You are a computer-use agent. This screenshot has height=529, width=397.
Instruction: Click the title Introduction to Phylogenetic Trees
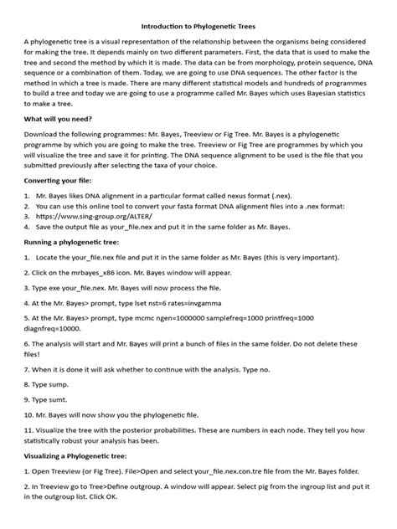click(x=198, y=27)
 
